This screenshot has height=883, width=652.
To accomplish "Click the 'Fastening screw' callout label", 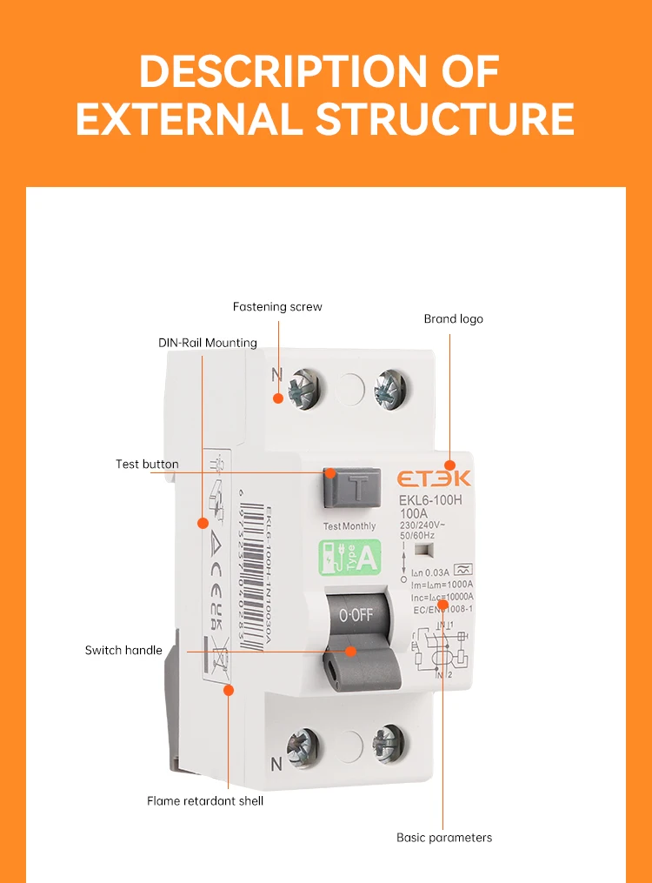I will [x=277, y=306].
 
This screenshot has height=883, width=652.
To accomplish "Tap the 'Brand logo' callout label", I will [x=453, y=319].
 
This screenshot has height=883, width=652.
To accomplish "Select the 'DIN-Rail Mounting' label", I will [x=207, y=343].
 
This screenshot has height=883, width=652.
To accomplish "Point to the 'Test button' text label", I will [x=147, y=465].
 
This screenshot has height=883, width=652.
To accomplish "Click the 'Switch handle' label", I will [x=123, y=651].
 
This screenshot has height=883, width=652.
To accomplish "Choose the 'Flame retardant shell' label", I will [x=204, y=800].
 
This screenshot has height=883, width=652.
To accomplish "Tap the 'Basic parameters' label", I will [x=444, y=838].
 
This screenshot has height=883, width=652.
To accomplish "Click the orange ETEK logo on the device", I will [x=435, y=478].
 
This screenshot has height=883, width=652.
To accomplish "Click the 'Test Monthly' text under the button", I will [x=349, y=526].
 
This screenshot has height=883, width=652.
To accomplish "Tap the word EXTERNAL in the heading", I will [x=190, y=119].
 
